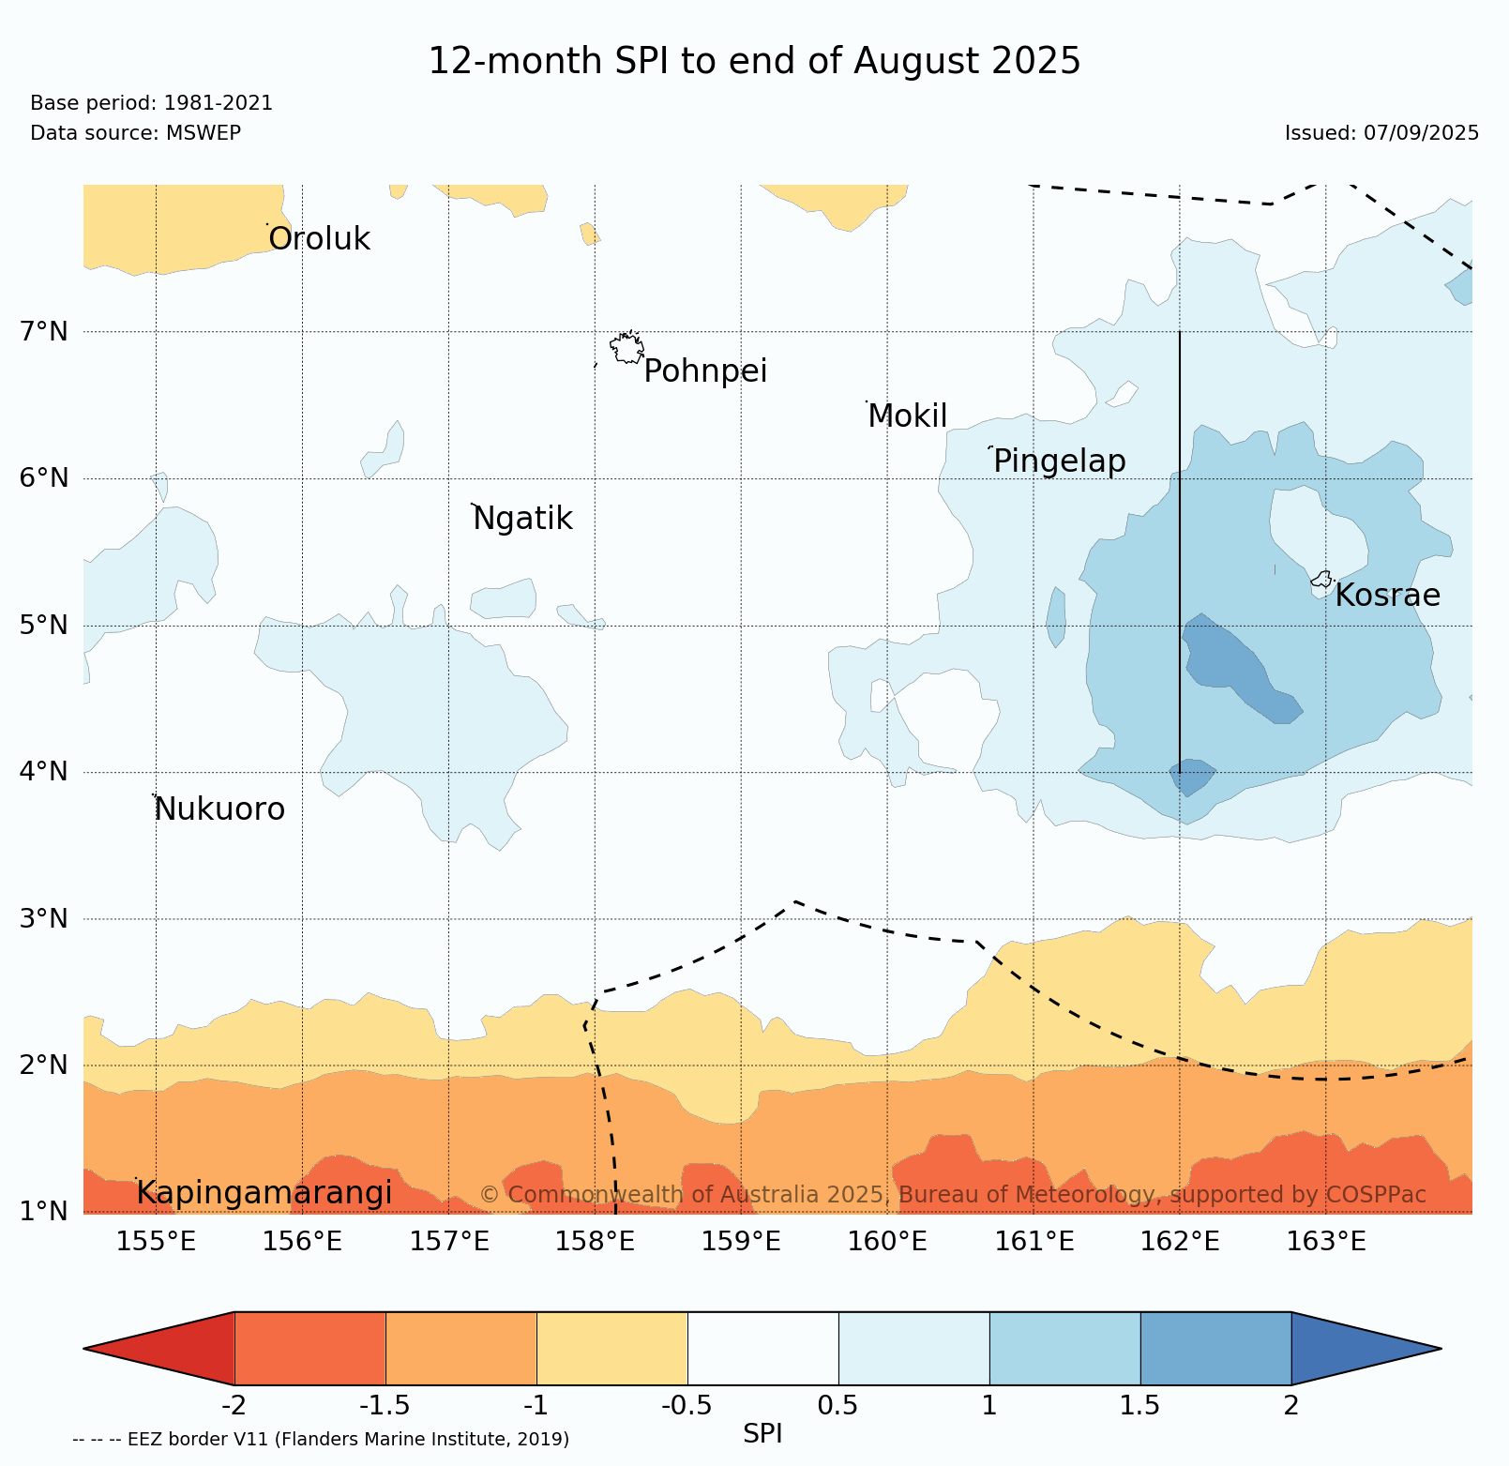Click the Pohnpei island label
tap(705, 371)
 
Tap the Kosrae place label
tap(1387, 596)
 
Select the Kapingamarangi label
tap(264, 1193)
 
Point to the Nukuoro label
tap(219, 809)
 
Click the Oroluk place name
tap(319, 239)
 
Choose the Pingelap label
tap(1059, 461)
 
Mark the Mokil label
tap(907, 416)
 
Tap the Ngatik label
tap(522, 519)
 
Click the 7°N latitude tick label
tap(44, 331)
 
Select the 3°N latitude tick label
tap(44, 918)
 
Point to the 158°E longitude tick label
tap(595, 1242)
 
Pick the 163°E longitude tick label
tap(1325, 1242)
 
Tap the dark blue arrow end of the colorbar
tap(1360, 1349)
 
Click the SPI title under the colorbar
tap(762, 1434)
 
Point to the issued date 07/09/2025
tap(1421, 133)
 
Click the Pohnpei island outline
tap(626, 348)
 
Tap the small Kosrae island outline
tap(1321, 580)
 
